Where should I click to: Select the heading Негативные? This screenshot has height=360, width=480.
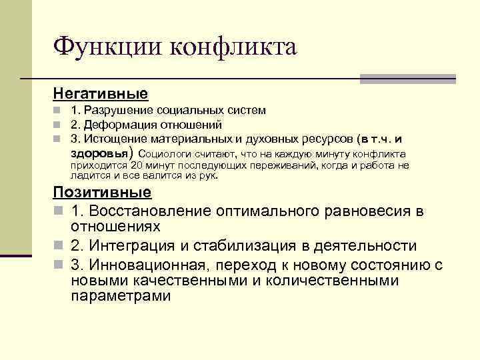pos(100,93)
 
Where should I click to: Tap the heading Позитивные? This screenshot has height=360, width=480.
pos(102,193)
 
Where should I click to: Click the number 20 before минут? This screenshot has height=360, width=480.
pos(136,165)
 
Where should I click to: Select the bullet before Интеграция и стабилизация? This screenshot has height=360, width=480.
pos(58,246)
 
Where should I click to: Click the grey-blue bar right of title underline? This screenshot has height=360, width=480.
pos(407,79)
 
